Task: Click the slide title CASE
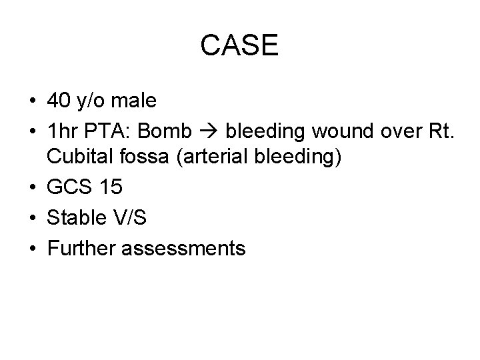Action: pos(240,46)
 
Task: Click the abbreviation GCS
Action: pos(68,188)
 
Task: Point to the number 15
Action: pos(109,188)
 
